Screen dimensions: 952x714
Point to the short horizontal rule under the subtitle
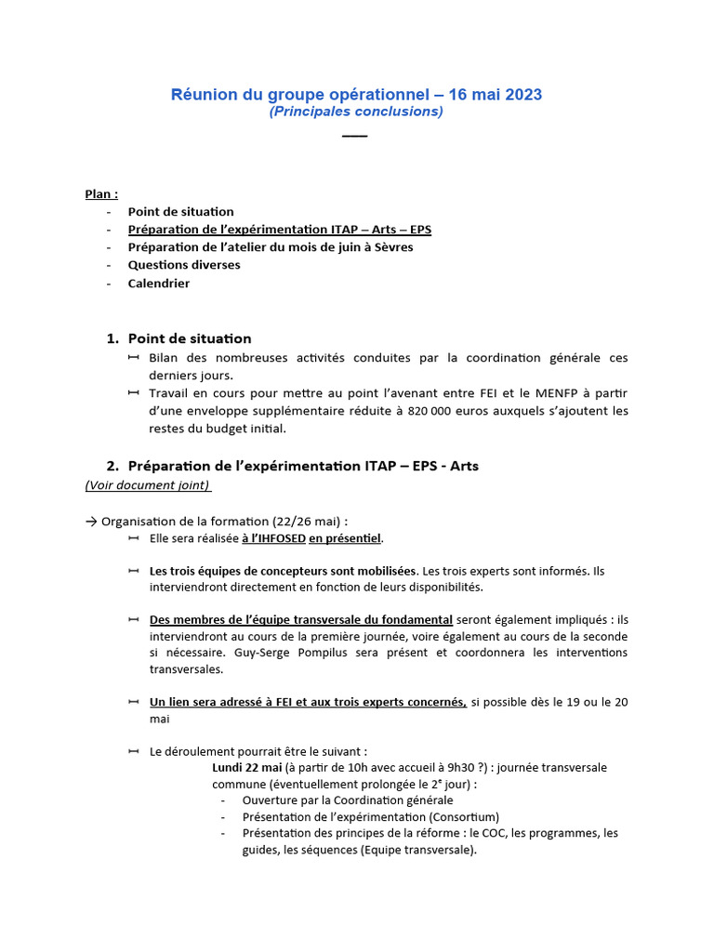(x=355, y=137)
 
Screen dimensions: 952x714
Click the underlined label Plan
(x=101, y=194)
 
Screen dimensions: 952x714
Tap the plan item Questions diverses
(x=184, y=265)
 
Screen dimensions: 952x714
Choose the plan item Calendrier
(x=159, y=284)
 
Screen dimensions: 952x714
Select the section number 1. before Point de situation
(x=112, y=338)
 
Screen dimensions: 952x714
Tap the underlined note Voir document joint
(x=148, y=485)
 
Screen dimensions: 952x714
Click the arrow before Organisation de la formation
(x=91, y=521)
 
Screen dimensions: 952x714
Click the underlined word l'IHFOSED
(x=273, y=538)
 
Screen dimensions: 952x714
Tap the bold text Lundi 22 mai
(x=246, y=767)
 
